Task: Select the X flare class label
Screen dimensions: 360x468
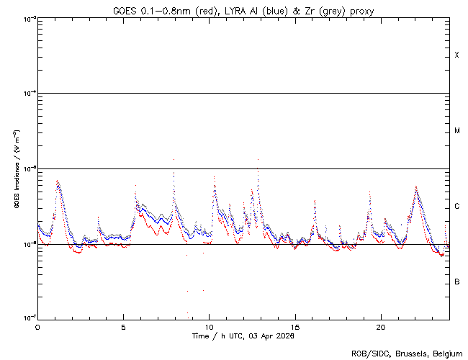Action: tap(456, 55)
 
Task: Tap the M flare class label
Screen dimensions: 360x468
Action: tap(456, 131)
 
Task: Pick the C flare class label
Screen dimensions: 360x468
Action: tap(456, 207)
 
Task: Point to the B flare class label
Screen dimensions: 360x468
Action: tap(456, 282)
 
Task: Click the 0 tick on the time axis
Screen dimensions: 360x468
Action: tap(37, 327)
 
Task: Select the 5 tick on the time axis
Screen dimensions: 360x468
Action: tap(123, 327)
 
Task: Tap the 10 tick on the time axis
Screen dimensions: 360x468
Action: tap(209, 327)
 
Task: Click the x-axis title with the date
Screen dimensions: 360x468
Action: tap(243, 336)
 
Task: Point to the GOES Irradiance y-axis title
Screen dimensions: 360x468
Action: tap(15, 168)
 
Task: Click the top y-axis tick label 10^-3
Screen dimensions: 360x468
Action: tap(28, 18)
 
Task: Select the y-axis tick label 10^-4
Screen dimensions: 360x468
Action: tap(28, 94)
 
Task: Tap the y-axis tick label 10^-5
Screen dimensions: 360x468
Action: tap(28, 168)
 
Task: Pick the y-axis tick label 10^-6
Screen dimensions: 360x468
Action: tap(28, 244)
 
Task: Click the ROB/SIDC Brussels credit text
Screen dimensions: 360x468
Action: tap(407, 353)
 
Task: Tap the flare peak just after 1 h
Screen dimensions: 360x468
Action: tap(58, 181)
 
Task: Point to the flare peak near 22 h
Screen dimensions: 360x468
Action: tap(416, 187)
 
